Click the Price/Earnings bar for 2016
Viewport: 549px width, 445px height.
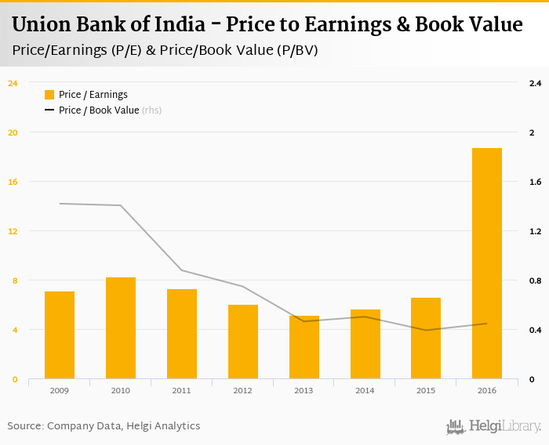487,263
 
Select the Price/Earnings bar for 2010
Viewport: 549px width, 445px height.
121,328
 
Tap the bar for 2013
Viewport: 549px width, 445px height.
304,347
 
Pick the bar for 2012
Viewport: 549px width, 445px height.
243,342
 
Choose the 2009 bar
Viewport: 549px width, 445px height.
60,335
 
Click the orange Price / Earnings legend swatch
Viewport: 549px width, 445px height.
49,95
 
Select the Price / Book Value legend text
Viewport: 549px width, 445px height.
99,110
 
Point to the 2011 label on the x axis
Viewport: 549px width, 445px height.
182,390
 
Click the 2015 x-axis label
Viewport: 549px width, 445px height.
426,390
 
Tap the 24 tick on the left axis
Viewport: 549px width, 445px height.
13,83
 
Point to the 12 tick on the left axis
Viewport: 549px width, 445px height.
13,231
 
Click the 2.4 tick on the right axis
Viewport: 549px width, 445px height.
536,83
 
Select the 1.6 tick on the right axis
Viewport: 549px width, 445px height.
536,182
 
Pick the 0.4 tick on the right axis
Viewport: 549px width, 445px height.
536,330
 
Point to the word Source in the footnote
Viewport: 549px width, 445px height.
24,426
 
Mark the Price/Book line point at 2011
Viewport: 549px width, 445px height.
182,270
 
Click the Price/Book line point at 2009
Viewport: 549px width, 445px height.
60,204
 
